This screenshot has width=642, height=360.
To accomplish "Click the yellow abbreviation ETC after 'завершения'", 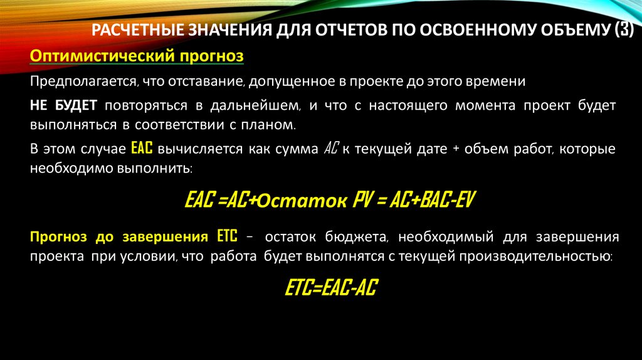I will pyautogui.click(x=227, y=237).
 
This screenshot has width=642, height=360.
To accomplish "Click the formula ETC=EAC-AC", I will pyautogui.click(x=331, y=288).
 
